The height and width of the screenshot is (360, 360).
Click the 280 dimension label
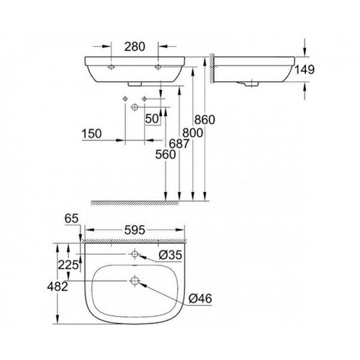click(135, 47)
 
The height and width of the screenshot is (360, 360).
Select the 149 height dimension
click(305, 70)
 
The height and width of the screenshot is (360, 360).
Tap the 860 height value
click(204, 120)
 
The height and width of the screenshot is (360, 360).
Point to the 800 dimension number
click(193, 132)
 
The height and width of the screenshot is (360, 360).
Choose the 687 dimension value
click(179, 144)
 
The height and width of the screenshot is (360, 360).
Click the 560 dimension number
click(166, 155)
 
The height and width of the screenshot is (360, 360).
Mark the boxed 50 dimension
click(153, 119)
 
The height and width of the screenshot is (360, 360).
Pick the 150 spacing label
click(91, 134)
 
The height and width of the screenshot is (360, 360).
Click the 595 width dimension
click(135, 230)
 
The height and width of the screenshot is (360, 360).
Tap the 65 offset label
click(71, 219)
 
